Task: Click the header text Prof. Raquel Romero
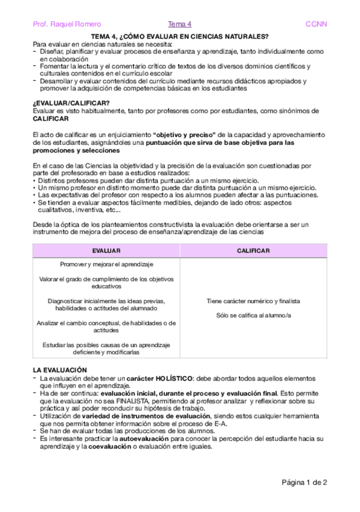point(59,24)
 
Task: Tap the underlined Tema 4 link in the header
point(179,24)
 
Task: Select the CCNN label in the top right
point(316,24)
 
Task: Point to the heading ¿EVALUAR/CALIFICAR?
point(63,103)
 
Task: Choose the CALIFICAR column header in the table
point(253,250)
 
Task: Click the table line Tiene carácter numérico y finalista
point(253,301)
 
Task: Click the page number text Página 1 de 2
point(304,482)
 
